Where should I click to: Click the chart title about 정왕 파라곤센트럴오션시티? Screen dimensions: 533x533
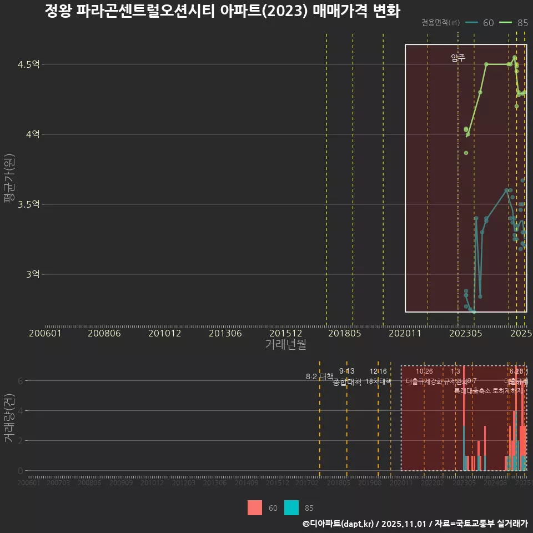tap(222, 11)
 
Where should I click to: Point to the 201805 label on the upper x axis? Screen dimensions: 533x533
tap(344, 334)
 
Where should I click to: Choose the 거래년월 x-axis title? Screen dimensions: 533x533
tap(285, 345)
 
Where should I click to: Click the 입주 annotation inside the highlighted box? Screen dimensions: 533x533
tap(458, 57)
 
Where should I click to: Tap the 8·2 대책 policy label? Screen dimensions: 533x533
tap(319, 376)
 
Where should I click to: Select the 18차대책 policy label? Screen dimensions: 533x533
tap(379, 381)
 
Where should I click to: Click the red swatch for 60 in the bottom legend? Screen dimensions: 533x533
tap(255, 507)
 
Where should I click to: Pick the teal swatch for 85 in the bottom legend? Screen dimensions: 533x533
tap(291, 507)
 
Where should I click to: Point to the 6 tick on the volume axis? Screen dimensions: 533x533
tap(20, 381)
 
